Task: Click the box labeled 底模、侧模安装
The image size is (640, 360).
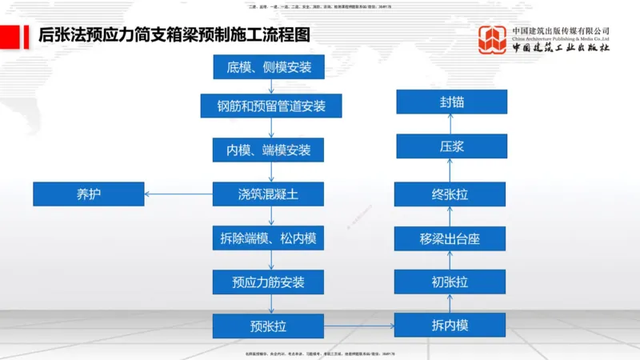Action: [x=269, y=66]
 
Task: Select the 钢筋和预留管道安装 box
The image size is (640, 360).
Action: [x=269, y=106]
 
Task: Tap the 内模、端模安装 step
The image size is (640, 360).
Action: [x=269, y=150]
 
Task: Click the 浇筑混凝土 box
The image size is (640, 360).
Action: [x=269, y=194]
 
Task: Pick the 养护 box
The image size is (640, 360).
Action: [x=89, y=194]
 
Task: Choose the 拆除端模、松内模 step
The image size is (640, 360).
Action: [x=269, y=238]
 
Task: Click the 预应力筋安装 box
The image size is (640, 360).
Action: [x=269, y=282]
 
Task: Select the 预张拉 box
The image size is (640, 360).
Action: [x=269, y=326]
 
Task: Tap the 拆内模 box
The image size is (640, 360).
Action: [x=451, y=326]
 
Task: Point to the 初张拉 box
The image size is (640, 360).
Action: [x=451, y=282]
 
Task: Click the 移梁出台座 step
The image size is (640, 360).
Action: [x=451, y=238]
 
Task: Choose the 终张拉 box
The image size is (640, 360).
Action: [x=451, y=194]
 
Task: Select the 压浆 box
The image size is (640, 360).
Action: [x=451, y=146]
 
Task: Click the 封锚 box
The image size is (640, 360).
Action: [x=451, y=102]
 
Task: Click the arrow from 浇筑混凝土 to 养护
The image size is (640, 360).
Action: [x=178, y=194]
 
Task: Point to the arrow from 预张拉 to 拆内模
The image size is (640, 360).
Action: [x=360, y=326]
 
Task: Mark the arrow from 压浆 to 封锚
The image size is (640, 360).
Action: [x=451, y=124]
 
